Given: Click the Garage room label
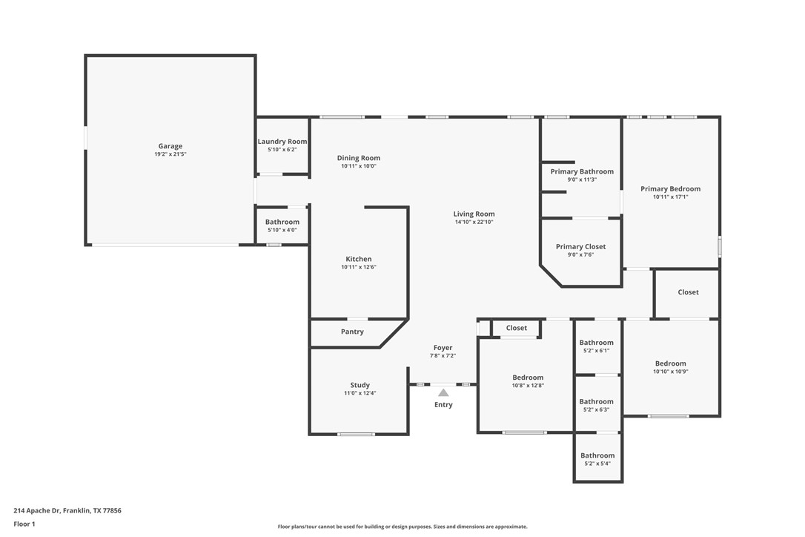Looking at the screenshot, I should [170, 146].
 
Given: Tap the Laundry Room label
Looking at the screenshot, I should [282, 142].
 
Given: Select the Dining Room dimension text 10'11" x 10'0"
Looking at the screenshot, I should [359, 166].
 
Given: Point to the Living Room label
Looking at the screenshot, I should [474, 214].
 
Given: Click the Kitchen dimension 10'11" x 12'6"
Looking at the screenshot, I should [359, 267].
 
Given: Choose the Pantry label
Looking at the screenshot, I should [352, 332].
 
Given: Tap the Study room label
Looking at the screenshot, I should [360, 385].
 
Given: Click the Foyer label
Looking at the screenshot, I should [443, 348].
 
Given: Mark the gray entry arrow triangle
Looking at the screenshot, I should [443, 392].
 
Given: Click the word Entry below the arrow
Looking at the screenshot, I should [443, 405].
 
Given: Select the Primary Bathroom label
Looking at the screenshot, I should [582, 171].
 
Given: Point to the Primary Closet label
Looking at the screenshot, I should [580, 246].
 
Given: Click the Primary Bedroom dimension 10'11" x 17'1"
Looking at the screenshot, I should [670, 197].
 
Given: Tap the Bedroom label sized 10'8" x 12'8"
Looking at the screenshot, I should [528, 378].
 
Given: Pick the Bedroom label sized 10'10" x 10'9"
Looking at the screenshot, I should [670, 363].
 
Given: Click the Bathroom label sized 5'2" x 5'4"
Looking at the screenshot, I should [597, 455].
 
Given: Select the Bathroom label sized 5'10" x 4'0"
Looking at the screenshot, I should [282, 222].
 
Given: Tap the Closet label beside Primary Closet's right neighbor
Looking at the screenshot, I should [688, 292].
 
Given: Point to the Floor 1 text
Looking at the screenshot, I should [24, 524].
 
